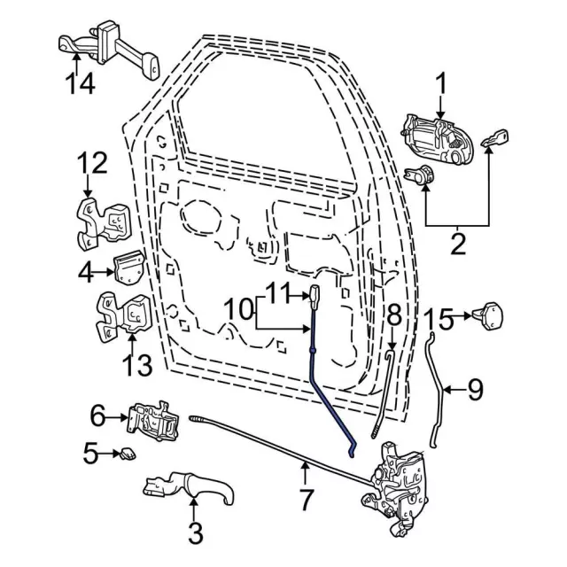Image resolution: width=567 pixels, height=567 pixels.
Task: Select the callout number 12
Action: pos(91,164)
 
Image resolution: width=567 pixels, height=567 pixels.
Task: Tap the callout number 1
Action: pos(440,86)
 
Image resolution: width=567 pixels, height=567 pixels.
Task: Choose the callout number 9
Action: pos(476,389)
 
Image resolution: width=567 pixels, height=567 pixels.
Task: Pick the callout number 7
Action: pos(306,500)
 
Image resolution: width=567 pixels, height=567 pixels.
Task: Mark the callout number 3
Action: pos(195,533)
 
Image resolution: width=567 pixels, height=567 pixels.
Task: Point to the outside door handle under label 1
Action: pos(438,136)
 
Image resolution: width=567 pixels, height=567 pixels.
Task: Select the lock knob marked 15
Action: pos(490,314)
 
